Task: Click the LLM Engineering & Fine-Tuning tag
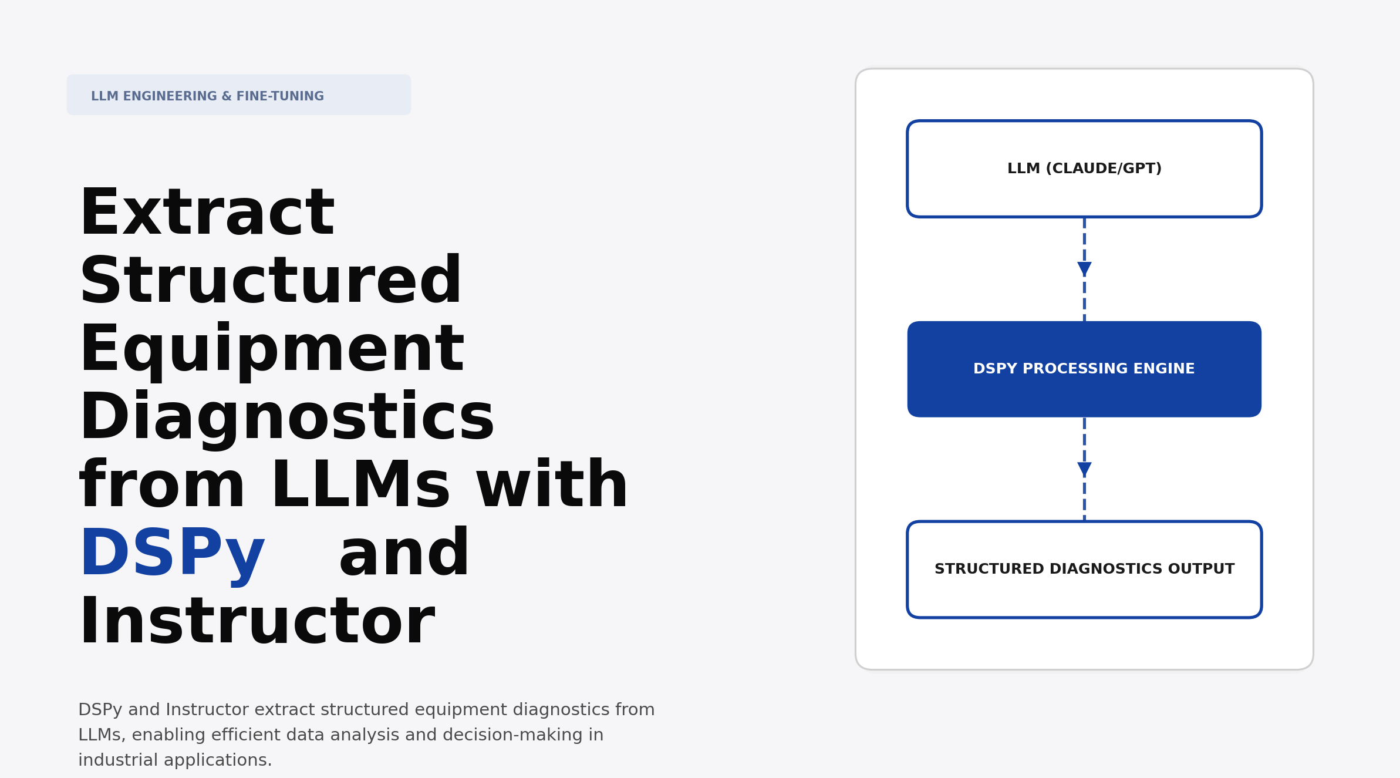click(x=238, y=95)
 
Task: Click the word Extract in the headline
click(x=207, y=213)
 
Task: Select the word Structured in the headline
click(x=271, y=281)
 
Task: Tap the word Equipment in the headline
click(x=272, y=350)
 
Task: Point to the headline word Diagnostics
click(x=286, y=417)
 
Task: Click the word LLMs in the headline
click(x=360, y=486)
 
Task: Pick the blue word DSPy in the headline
click(x=172, y=554)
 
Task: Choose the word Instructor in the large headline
click(x=257, y=622)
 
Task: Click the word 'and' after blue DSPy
click(x=404, y=554)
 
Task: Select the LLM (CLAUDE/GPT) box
click(x=1084, y=169)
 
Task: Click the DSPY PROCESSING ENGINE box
click(x=1084, y=369)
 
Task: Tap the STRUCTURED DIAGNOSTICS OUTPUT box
click(x=1084, y=570)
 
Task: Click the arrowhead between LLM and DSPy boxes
click(x=1084, y=269)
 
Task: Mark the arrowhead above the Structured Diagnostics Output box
click(x=1084, y=469)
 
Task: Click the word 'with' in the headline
click(x=552, y=486)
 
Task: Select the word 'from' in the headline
click(x=162, y=486)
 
